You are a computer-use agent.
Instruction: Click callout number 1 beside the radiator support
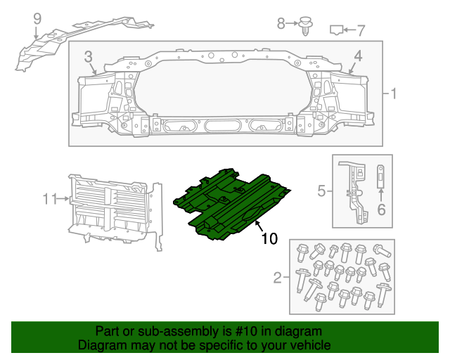point(394,94)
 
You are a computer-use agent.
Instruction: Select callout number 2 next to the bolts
point(277,278)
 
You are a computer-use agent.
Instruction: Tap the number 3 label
point(89,56)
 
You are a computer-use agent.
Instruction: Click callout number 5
point(321,190)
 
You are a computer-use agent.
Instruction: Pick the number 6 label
point(382,209)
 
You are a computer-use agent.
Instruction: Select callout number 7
point(361,30)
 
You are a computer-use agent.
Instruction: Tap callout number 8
point(281,24)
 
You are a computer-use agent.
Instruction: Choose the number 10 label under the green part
point(269,239)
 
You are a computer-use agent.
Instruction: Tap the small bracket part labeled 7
point(337,30)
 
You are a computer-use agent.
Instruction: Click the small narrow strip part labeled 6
point(381,176)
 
